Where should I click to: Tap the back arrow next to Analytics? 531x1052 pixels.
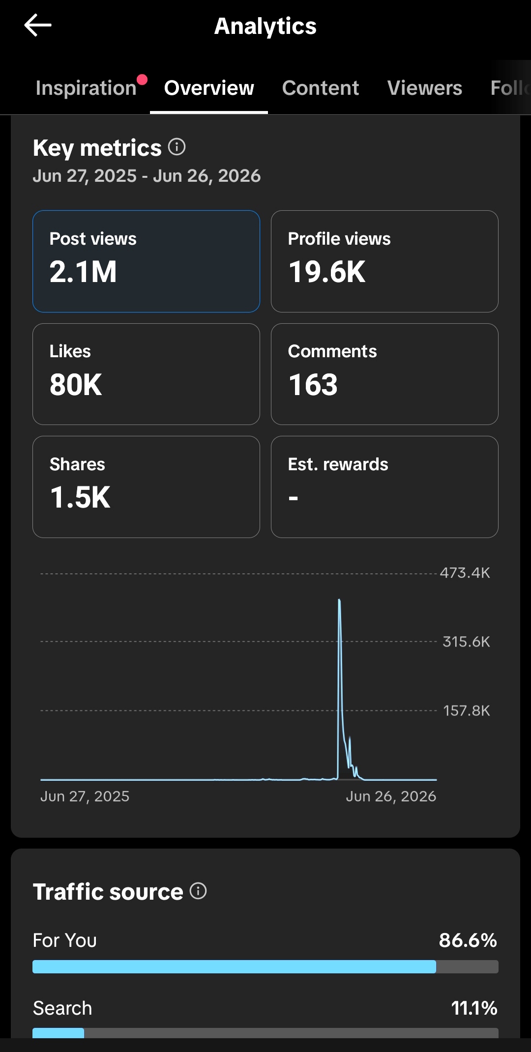(38, 25)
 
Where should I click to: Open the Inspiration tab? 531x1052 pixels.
(86, 88)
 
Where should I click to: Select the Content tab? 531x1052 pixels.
(321, 88)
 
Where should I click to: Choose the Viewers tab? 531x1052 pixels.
(425, 88)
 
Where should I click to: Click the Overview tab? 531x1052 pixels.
(209, 88)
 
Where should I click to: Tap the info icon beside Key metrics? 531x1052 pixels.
(177, 146)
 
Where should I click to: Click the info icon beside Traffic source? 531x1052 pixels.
(198, 891)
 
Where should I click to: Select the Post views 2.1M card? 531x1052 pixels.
(146, 261)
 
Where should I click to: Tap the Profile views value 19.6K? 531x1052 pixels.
(327, 272)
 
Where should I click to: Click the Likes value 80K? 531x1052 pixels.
(76, 384)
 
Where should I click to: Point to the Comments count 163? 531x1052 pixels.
(313, 384)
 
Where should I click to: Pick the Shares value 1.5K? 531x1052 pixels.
(80, 497)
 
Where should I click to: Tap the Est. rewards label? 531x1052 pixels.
(338, 464)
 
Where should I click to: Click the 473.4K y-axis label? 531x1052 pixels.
(465, 573)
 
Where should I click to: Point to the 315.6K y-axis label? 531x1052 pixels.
(467, 642)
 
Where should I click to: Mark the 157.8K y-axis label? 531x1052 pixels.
(467, 711)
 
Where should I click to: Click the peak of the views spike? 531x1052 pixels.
(339, 600)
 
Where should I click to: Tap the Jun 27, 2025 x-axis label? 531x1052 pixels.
(85, 796)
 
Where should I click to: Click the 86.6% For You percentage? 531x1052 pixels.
(468, 940)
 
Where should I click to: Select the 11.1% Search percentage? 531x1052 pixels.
(474, 1008)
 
